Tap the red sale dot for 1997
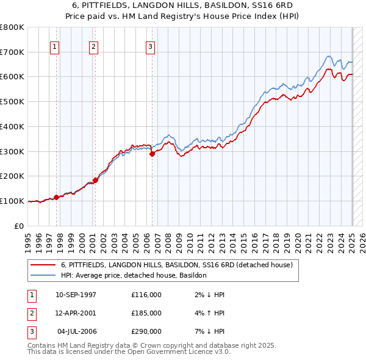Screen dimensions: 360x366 pyautogui.click(x=56, y=197)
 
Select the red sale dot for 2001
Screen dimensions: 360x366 pyautogui.click(x=95, y=180)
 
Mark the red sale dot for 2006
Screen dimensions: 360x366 pyautogui.click(x=152, y=154)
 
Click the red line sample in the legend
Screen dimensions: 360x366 pyautogui.click(x=43, y=265)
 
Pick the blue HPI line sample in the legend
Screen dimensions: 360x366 pyautogui.click(x=43, y=275)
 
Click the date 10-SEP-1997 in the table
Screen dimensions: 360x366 pyautogui.click(x=76, y=295)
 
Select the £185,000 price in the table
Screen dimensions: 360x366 pyautogui.click(x=146, y=313)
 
